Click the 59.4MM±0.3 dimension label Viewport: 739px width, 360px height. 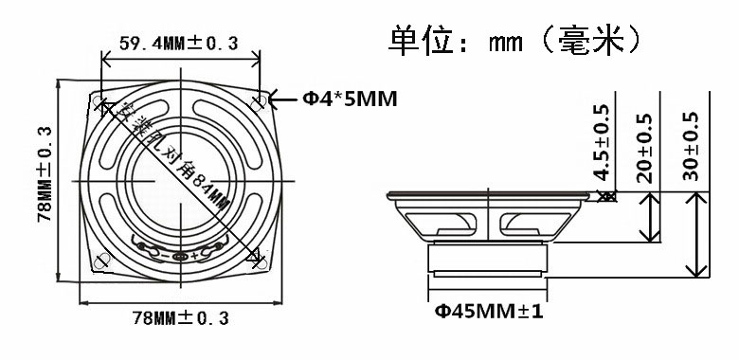coord(179,44)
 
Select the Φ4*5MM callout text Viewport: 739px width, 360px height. coord(350,99)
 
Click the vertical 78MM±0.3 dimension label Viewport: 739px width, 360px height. coord(45,174)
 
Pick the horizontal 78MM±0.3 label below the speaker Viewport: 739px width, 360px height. coord(181,317)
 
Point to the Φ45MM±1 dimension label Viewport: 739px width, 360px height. coord(489,311)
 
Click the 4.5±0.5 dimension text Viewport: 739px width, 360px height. coord(602,142)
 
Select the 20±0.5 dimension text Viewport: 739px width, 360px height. coord(644,148)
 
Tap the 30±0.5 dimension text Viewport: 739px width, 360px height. coord(691,146)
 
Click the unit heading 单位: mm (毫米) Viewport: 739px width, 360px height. coord(515,41)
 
